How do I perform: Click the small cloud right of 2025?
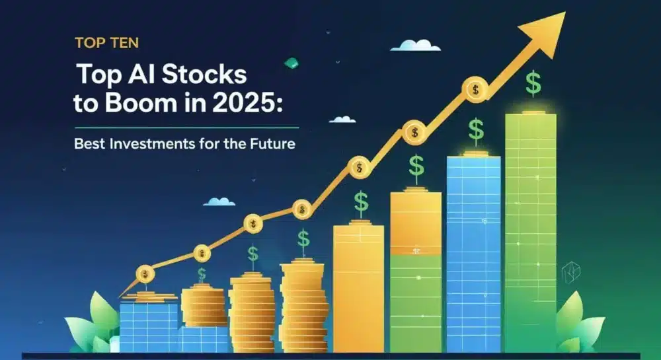tap(342, 120)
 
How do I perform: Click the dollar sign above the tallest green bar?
tap(532, 83)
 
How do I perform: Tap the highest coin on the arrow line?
tap(475, 89)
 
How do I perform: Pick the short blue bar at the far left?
tap(149, 327)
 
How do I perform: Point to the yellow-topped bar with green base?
tap(415, 271)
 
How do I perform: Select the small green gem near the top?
tap(289, 63)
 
